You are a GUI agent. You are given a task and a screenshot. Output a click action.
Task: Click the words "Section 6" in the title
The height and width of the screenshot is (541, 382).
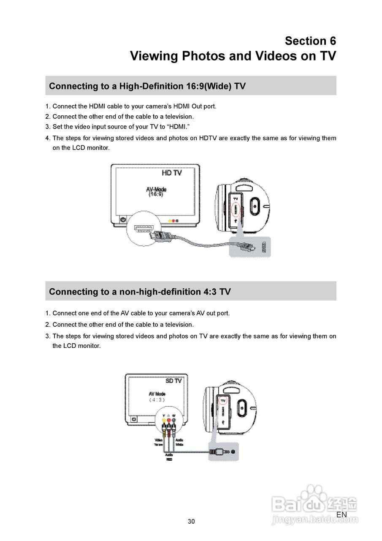pyautogui.click(x=310, y=41)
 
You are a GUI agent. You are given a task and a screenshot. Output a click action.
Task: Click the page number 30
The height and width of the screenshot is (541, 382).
pyautogui.click(x=191, y=522)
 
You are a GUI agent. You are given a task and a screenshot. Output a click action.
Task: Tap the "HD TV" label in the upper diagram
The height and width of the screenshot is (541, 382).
pyautogui.click(x=172, y=173)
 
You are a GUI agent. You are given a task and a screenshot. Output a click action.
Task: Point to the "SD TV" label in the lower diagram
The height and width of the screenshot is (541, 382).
pyautogui.click(x=173, y=380)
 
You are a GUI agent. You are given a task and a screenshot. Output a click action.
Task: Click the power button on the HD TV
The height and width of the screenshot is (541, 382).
pyautogui.click(x=123, y=220)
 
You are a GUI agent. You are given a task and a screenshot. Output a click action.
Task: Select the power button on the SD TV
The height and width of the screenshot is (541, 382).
pyautogui.click(x=134, y=418)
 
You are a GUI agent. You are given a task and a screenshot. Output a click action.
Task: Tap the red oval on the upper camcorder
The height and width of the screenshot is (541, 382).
pyautogui.click(x=236, y=209)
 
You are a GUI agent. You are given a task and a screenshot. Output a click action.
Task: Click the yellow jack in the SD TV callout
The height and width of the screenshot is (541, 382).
pyautogui.click(x=164, y=420)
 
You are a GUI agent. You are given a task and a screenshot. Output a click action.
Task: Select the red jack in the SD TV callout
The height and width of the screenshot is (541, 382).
pyautogui.click(x=168, y=420)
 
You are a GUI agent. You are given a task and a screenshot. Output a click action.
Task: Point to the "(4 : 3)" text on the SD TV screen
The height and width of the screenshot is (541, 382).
pyautogui.click(x=157, y=399)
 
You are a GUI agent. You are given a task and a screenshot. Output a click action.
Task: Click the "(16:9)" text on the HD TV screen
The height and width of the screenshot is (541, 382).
pyautogui.click(x=156, y=194)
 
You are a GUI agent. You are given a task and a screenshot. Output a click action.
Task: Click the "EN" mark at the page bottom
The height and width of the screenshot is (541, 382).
pyautogui.click(x=341, y=514)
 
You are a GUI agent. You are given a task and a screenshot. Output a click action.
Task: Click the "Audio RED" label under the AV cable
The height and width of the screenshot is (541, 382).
pyautogui.click(x=169, y=457)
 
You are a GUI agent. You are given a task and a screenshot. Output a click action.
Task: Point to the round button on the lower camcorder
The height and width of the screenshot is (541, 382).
pyautogui.click(x=242, y=407)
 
